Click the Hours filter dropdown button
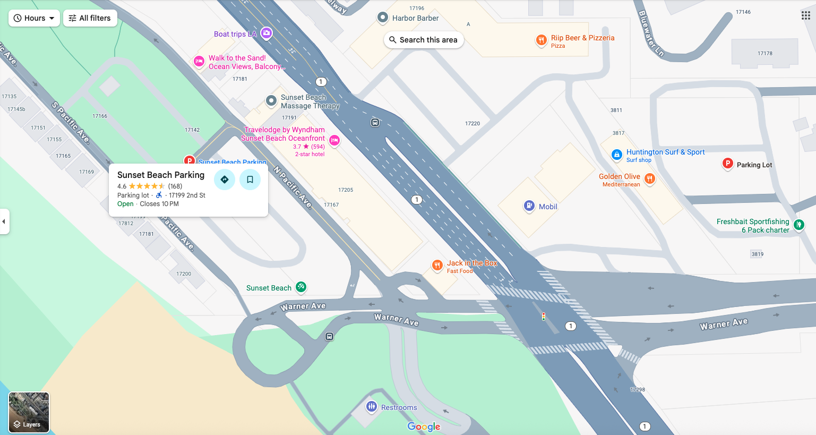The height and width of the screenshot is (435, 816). click(x=34, y=18)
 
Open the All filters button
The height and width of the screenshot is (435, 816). click(x=90, y=18)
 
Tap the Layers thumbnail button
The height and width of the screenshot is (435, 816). click(x=29, y=412)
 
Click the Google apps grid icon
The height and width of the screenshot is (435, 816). click(x=805, y=15)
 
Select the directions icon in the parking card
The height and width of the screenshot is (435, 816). click(x=225, y=180)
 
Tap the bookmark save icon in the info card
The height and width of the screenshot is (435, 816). click(x=250, y=180)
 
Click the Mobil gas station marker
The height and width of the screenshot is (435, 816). click(x=529, y=206)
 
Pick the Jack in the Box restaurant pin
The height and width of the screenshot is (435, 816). click(x=437, y=265)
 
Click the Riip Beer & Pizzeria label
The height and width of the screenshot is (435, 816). click(x=582, y=38)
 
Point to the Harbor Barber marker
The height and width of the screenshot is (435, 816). click(x=382, y=18)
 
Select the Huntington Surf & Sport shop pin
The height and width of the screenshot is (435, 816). click(x=616, y=155)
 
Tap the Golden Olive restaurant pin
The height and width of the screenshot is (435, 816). click(x=649, y=178)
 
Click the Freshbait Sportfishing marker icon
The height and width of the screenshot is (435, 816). click(x=798, y=225)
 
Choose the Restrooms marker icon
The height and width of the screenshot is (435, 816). click(x=371, y=407)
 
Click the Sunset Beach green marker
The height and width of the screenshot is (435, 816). click(x=300, y=287)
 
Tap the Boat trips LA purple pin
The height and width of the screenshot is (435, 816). click(x=267, y=33)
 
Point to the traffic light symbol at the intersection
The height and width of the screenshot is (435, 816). click(x=543, y=317)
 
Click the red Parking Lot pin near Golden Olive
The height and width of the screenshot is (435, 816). click(x=727, y=164)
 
